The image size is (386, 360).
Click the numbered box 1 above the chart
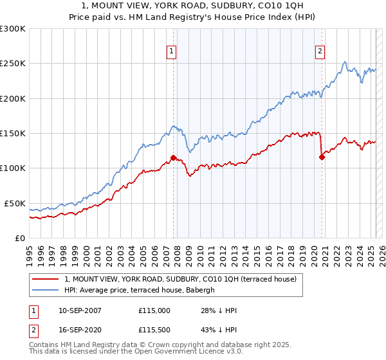pyautogui.click(x=172, y=53)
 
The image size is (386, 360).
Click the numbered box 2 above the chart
pyautogui.click(x=320, y=53)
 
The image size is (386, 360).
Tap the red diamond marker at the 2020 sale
pyautogui.click(x=322, y=157)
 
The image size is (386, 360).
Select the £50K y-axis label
pyautogui.click(x=15, y=203)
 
